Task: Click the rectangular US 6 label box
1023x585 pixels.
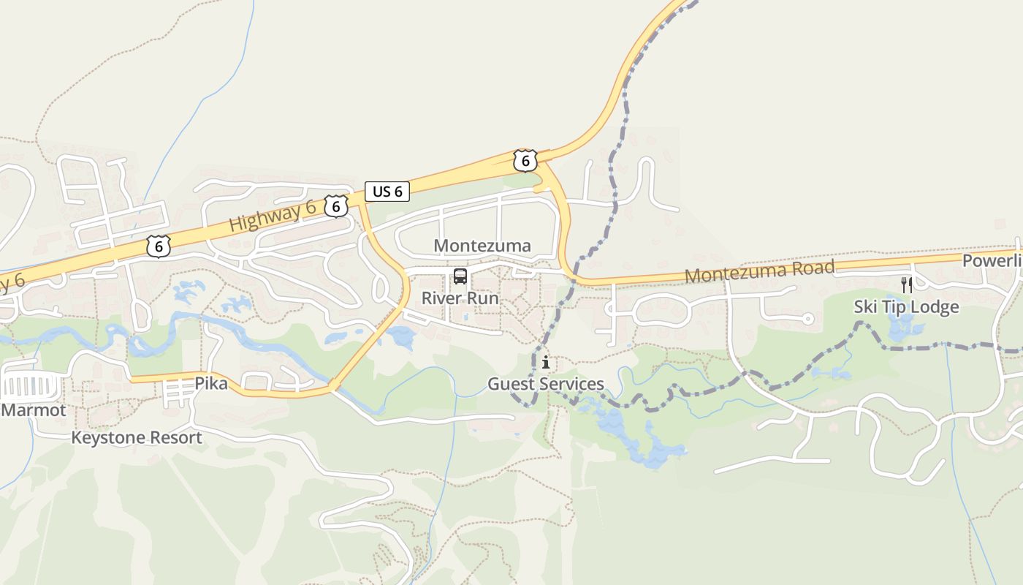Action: coord(387,192)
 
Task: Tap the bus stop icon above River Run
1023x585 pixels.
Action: coord(460,276)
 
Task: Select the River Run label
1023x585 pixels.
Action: coord(460,298)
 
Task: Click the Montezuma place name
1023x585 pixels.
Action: coord(482,246)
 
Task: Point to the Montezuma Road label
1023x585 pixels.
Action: coord(759,271)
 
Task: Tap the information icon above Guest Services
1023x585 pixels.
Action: coord(546,362)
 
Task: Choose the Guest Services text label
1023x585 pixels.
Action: coord(546,384)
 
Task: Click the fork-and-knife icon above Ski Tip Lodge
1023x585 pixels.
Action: coord(907,284)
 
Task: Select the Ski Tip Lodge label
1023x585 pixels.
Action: coord(906,306)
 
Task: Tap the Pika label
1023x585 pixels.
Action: coord(210,384)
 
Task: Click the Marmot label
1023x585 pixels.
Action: coord(34,410)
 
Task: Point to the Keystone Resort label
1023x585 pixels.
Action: coord(137,438)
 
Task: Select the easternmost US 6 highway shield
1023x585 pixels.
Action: coord(525,160)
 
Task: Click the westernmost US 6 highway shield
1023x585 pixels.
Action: coord(158,246)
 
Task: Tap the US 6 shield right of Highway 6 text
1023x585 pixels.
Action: coord(335,206)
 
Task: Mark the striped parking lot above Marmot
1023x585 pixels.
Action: coord(29,385)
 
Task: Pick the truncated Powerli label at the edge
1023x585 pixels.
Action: coord(992,261)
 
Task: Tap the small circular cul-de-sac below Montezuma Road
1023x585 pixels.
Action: coord(807,319)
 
